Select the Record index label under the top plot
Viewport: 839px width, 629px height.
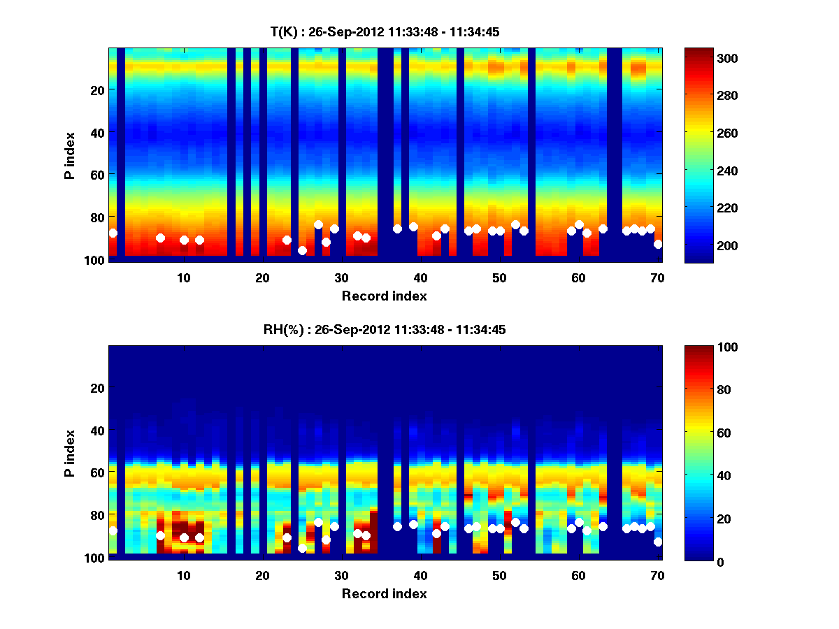pyautogui.click(x=385, y=296)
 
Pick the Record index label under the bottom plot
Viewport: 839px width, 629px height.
pyautogui.click(x=385, y=593)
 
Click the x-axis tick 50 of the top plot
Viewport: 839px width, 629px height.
pyautogui.click(x=499, y=277)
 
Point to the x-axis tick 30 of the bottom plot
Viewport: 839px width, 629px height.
pyautogui.click(x=341, y=575)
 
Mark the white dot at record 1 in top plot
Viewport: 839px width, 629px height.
pyautogui.click(x=113, y=233)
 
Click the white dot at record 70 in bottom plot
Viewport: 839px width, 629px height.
pyautogui.click(x=658, y=542)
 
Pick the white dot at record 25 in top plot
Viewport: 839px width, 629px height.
pyautogui.click(x=302, y=250)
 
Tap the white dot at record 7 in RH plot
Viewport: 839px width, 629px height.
pyautogui.click(x=160, y=536)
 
